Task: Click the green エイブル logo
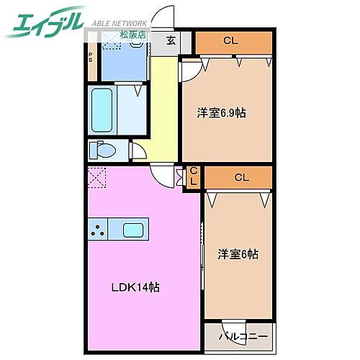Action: [x=45, y=22]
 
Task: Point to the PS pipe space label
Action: [x=91, y=57]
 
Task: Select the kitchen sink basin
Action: [x=134, y=230]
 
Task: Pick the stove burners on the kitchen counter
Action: [x=99, y=230]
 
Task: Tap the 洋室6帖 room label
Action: [x=238, y=253]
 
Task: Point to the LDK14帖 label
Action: [x=135, y=287]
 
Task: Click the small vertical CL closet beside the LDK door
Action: [x=193, y=176]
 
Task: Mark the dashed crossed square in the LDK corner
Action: [x=96, y=176]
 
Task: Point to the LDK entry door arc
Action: [x=163, y=173]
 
